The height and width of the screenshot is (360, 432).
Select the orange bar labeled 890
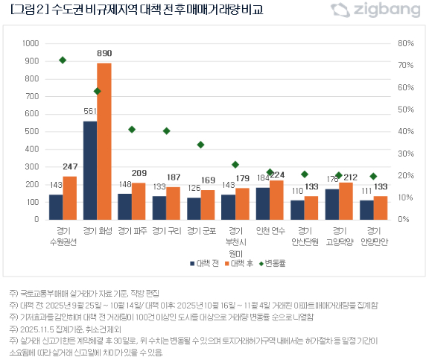pos(104,142)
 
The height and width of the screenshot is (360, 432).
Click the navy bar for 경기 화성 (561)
pos(90,171)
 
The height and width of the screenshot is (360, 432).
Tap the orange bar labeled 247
pos(70,198)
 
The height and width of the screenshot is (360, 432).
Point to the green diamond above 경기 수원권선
pos(63,60)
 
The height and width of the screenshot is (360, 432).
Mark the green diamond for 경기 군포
pos(200,145)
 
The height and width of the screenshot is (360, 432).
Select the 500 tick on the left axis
pos(32,132)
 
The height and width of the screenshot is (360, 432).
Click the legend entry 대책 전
pos(204,263)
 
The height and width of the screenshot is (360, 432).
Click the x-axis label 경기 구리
pos(166,231)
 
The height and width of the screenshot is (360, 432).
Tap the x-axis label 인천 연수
pos(270,231)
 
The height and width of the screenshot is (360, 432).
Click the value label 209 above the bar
pos(139,173)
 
